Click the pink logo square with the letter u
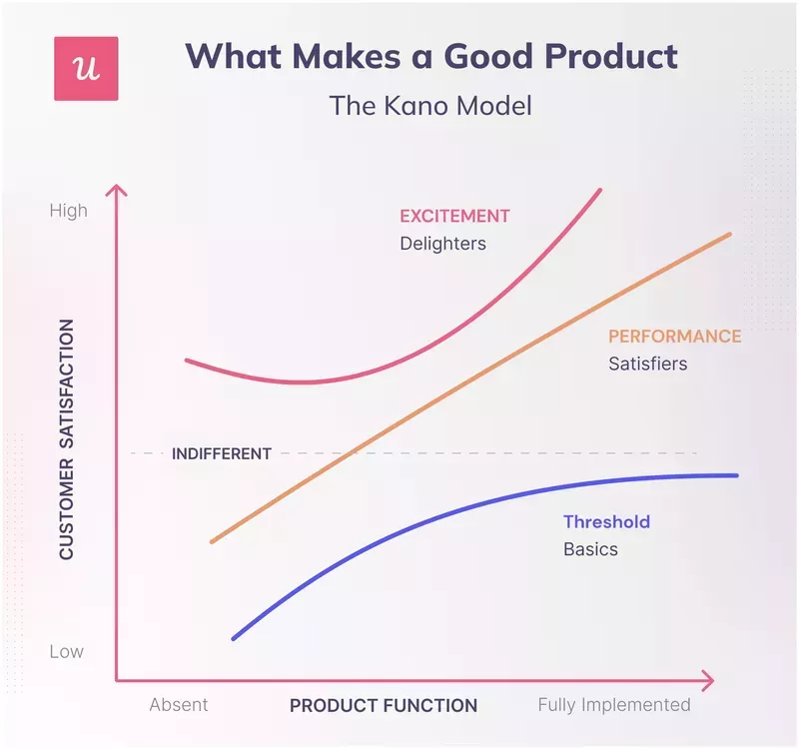tap(86, 68)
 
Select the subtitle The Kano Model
tap(430, 106)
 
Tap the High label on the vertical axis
tap(68, 211)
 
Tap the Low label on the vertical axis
tap(67, 652)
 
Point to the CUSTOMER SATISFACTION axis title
tap(67, 439)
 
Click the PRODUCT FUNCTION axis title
tap(384, 705)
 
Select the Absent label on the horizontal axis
tap(179, 705)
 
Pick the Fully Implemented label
tap(614, 705)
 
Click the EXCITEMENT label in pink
tap(454, 217)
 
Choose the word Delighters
tap(442, 244)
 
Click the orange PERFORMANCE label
tap(675, 337)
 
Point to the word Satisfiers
tap(648, 364)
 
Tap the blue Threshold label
tap(606, 521)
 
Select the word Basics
tap(590, 549)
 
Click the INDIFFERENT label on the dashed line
tap(222, 453)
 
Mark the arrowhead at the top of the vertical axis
tap(118, 190)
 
